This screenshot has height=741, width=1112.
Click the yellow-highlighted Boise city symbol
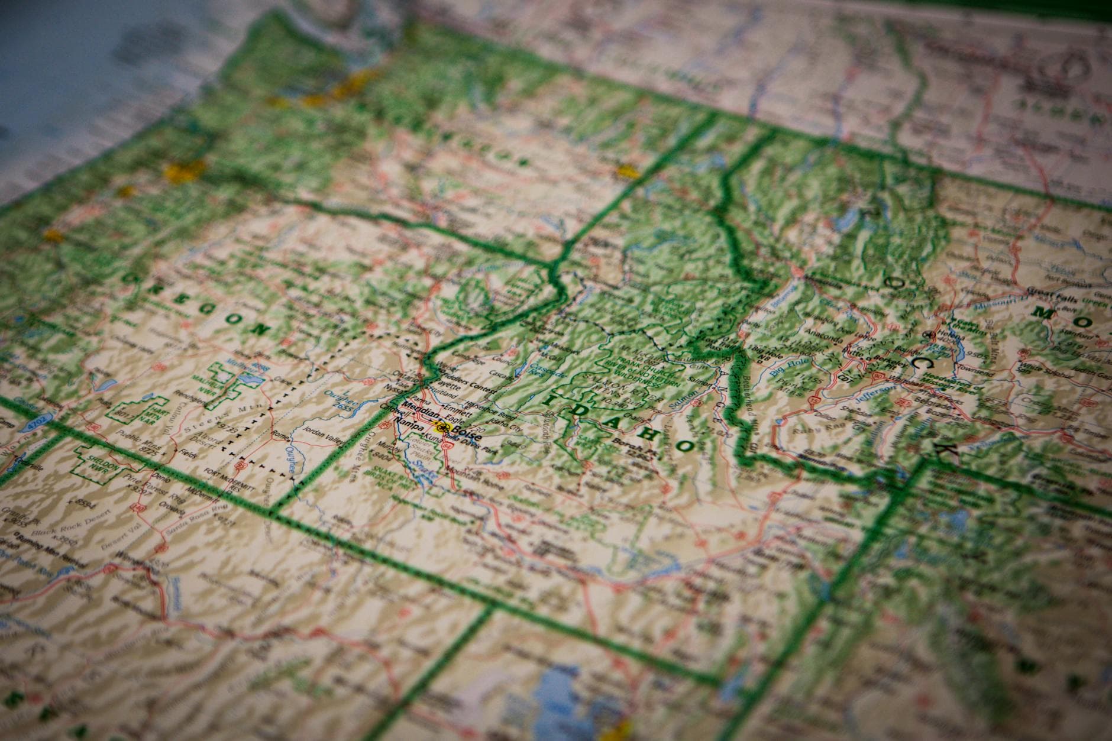point(441,427)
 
